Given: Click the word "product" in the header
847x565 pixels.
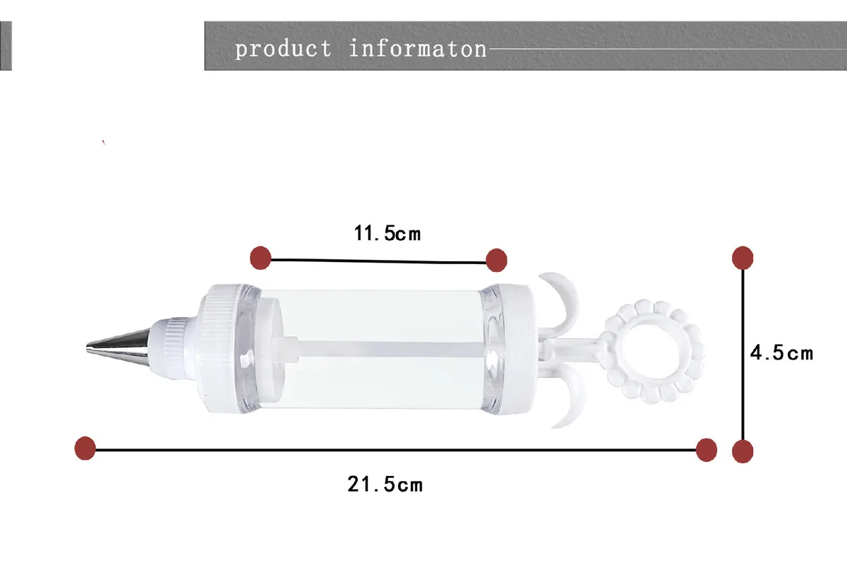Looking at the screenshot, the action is [283, 49].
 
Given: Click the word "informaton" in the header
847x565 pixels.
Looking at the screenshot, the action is [417, 49].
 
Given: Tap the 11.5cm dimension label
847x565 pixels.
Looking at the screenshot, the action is [388, 233].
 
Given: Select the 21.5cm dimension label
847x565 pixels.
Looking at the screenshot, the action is [385, 484].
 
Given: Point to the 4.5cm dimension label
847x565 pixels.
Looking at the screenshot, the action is [781, 352].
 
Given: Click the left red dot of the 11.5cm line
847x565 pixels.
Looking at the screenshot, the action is [260, 258].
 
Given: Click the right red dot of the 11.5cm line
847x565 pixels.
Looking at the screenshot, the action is [496, 260].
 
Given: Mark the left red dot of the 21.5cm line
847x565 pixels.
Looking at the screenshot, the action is [85, 448].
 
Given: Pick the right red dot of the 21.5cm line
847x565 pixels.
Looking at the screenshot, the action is [707, 450].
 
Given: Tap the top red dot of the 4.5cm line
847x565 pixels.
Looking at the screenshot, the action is [743, 258].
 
